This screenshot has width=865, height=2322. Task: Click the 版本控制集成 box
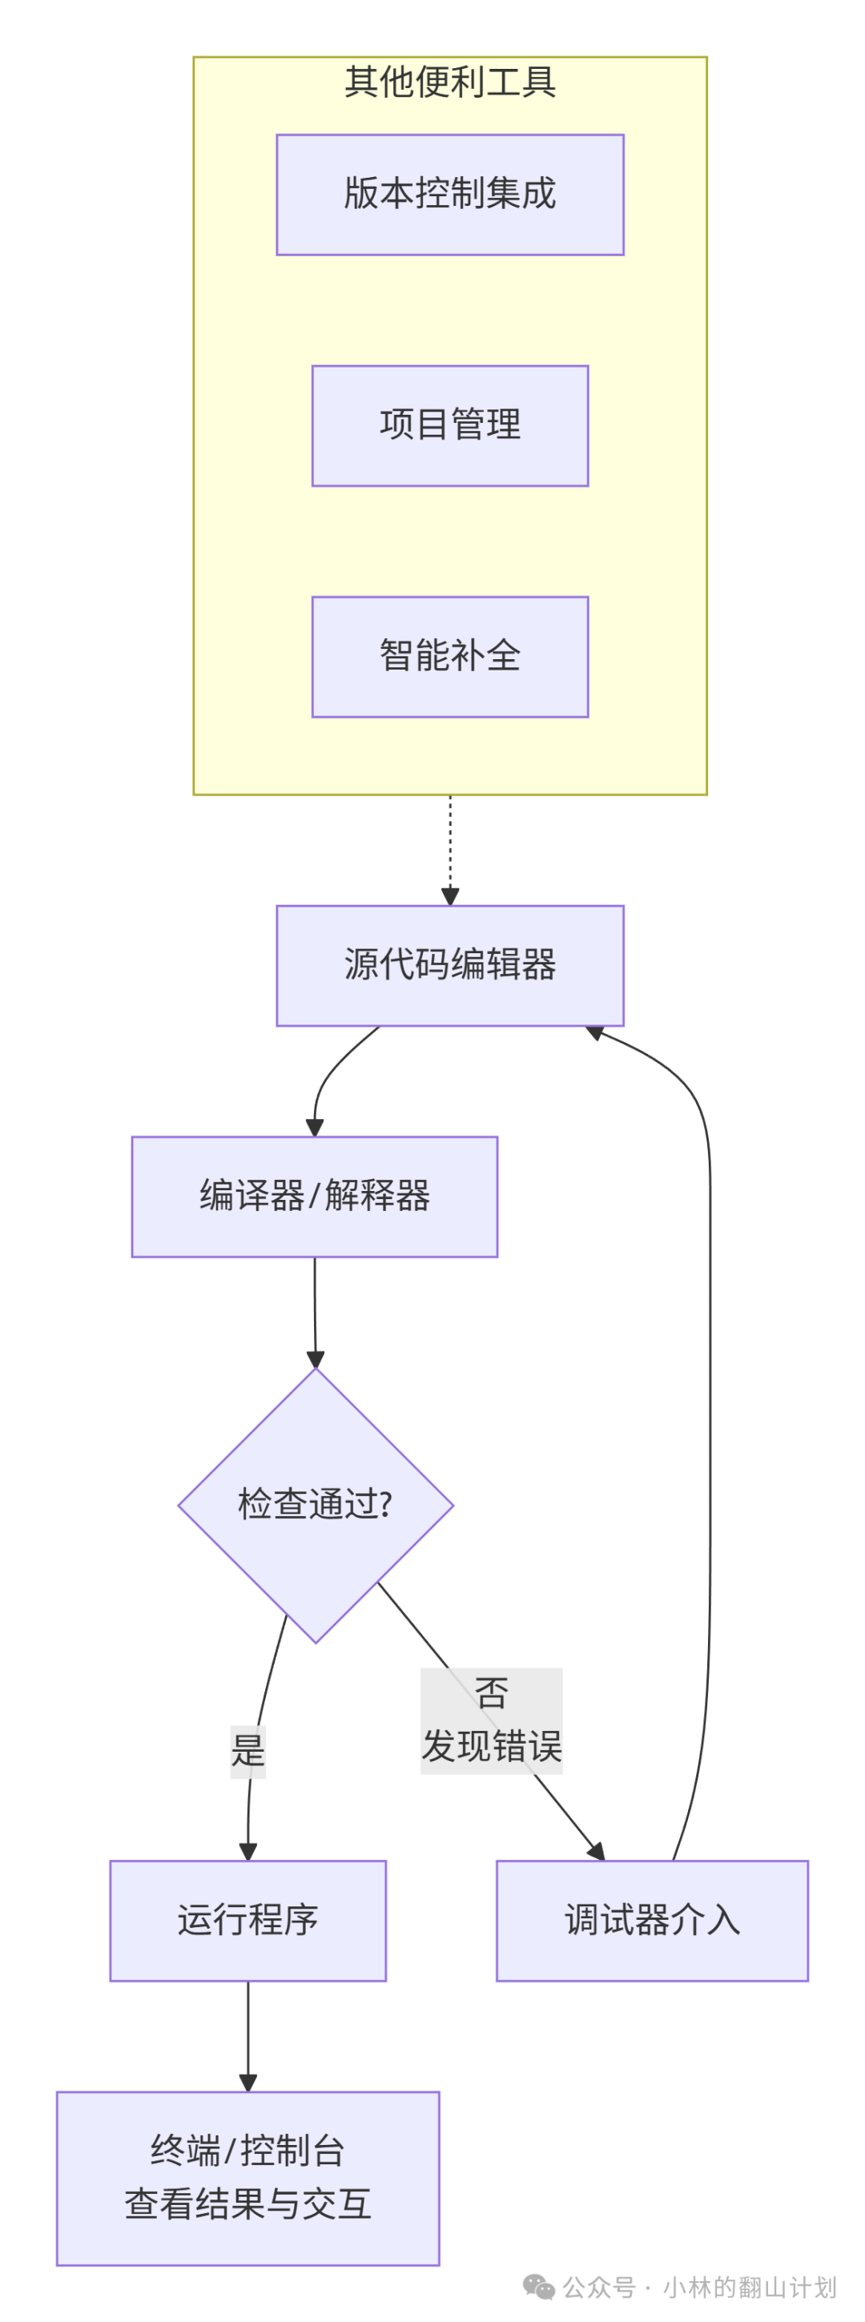[449, 195]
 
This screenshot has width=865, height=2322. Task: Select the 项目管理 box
[449, 425]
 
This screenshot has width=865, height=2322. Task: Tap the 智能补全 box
[449, 656]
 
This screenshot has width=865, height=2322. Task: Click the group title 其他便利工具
[449, 82]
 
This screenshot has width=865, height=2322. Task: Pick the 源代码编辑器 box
[449, 965]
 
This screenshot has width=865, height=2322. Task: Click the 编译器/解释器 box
[315, 1196]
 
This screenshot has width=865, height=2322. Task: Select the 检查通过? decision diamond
[316, 1505]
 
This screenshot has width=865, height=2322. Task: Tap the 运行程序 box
[247, 1921]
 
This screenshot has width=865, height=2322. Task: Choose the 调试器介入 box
[651, 1921]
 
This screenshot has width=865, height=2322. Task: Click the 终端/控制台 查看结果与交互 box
[247, 2178]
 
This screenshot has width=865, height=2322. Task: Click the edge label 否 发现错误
[491, 1720]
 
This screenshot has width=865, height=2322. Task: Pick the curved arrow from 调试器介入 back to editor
[709, 1443]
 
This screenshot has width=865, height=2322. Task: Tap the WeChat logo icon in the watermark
[539, 2287]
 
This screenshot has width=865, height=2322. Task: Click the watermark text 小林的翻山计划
[750, 2288]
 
